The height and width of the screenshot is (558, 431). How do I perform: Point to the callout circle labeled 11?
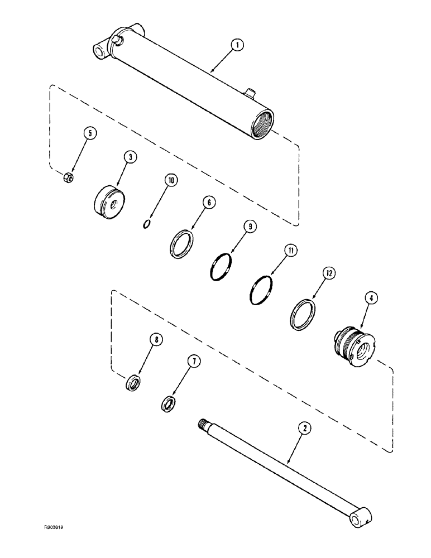pos(289,251)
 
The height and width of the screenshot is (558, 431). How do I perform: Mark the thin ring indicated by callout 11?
pos(260,291)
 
